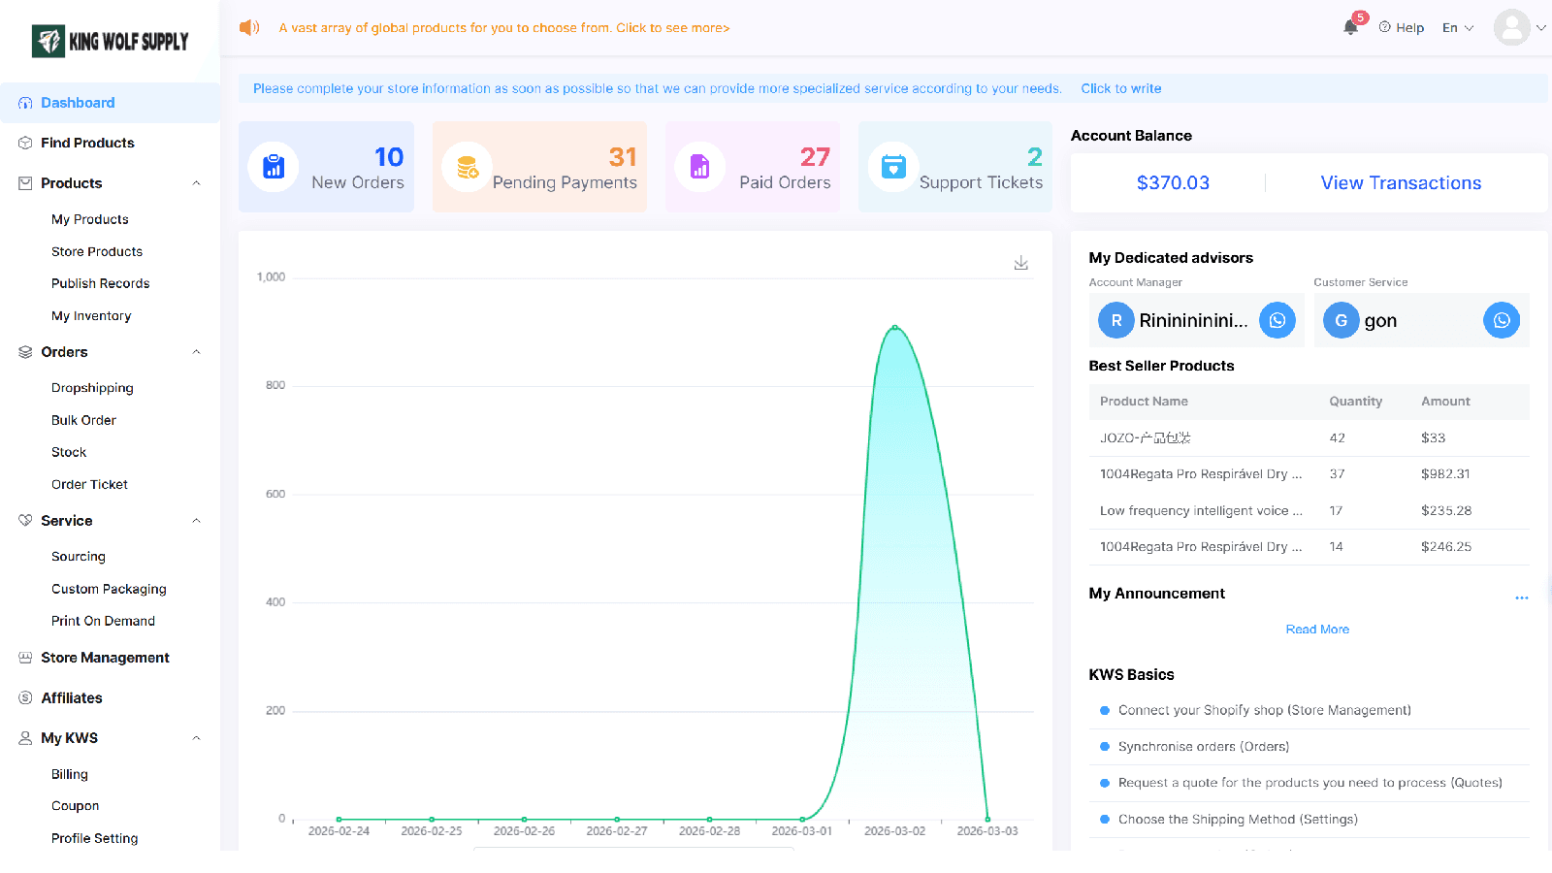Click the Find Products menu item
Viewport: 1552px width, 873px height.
click(87, 143)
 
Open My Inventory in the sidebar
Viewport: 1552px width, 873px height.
click(91, 316)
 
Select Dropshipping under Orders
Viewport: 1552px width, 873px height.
click(92, 388)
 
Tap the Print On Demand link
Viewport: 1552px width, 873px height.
click(103, 621)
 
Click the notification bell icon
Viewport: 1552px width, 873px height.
click(1349, 28)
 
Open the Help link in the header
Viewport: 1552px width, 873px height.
click(1401, 28)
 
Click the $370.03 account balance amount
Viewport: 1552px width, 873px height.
click(1173, 183)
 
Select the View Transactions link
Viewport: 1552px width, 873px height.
click(1401, 183)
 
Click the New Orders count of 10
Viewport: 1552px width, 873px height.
click(389, 157)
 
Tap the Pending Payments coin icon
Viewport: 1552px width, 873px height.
click(468, 167)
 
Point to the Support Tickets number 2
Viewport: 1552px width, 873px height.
click(1034, 157)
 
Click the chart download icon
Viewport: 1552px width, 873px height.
click(1020, 263)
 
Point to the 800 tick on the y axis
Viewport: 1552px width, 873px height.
click(275, 385)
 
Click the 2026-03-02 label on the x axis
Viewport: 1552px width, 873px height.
click(894, 830)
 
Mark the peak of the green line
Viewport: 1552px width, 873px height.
click(895, 327)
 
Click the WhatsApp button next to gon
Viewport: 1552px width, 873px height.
click(1502, 320)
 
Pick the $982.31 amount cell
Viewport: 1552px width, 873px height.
click(1445, 474)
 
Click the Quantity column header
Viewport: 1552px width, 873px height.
click(1355, 402)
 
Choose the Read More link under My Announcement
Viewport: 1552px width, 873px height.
click(1317, 630)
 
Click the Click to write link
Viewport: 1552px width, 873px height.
click(1121, 88)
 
